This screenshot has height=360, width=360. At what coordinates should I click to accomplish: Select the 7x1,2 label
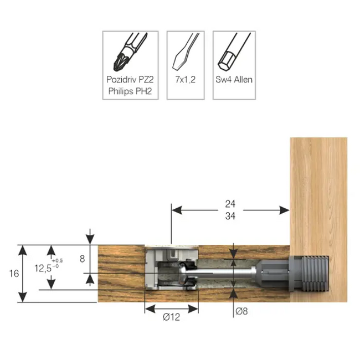coord(186,80)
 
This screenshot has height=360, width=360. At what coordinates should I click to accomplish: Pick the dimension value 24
coord(230,204)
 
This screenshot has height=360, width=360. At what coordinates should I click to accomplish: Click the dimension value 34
coord(230,216)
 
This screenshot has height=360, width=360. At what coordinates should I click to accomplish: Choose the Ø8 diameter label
coord(241,311)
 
